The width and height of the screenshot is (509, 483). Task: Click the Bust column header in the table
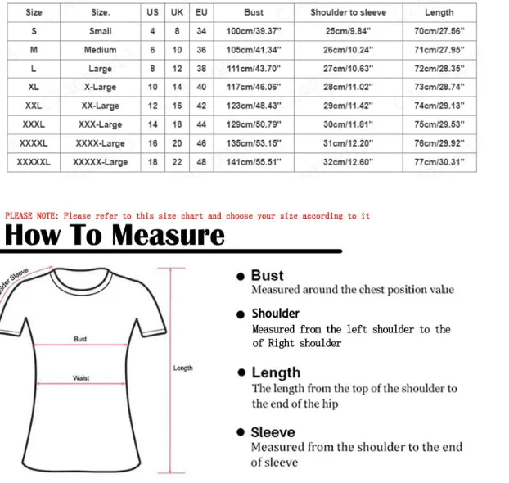254,13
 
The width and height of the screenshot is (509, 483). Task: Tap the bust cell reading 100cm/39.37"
254,31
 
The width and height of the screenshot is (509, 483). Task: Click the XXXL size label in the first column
34,124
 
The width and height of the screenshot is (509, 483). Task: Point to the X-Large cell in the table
101,87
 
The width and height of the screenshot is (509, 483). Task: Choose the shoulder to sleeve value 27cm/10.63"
348,69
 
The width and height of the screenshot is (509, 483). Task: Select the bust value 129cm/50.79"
254,124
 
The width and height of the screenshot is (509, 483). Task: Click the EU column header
201,13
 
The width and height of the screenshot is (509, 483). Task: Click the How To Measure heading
114,236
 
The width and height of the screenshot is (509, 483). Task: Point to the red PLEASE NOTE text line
187,216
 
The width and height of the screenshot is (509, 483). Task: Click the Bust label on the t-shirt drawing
80,338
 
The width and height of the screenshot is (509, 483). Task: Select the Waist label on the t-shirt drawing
81,378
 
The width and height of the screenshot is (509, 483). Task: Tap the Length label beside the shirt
183,368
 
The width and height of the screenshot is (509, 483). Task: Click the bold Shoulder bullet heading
275,314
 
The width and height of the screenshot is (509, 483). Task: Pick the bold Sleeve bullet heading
273,432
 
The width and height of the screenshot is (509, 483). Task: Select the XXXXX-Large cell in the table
101,162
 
